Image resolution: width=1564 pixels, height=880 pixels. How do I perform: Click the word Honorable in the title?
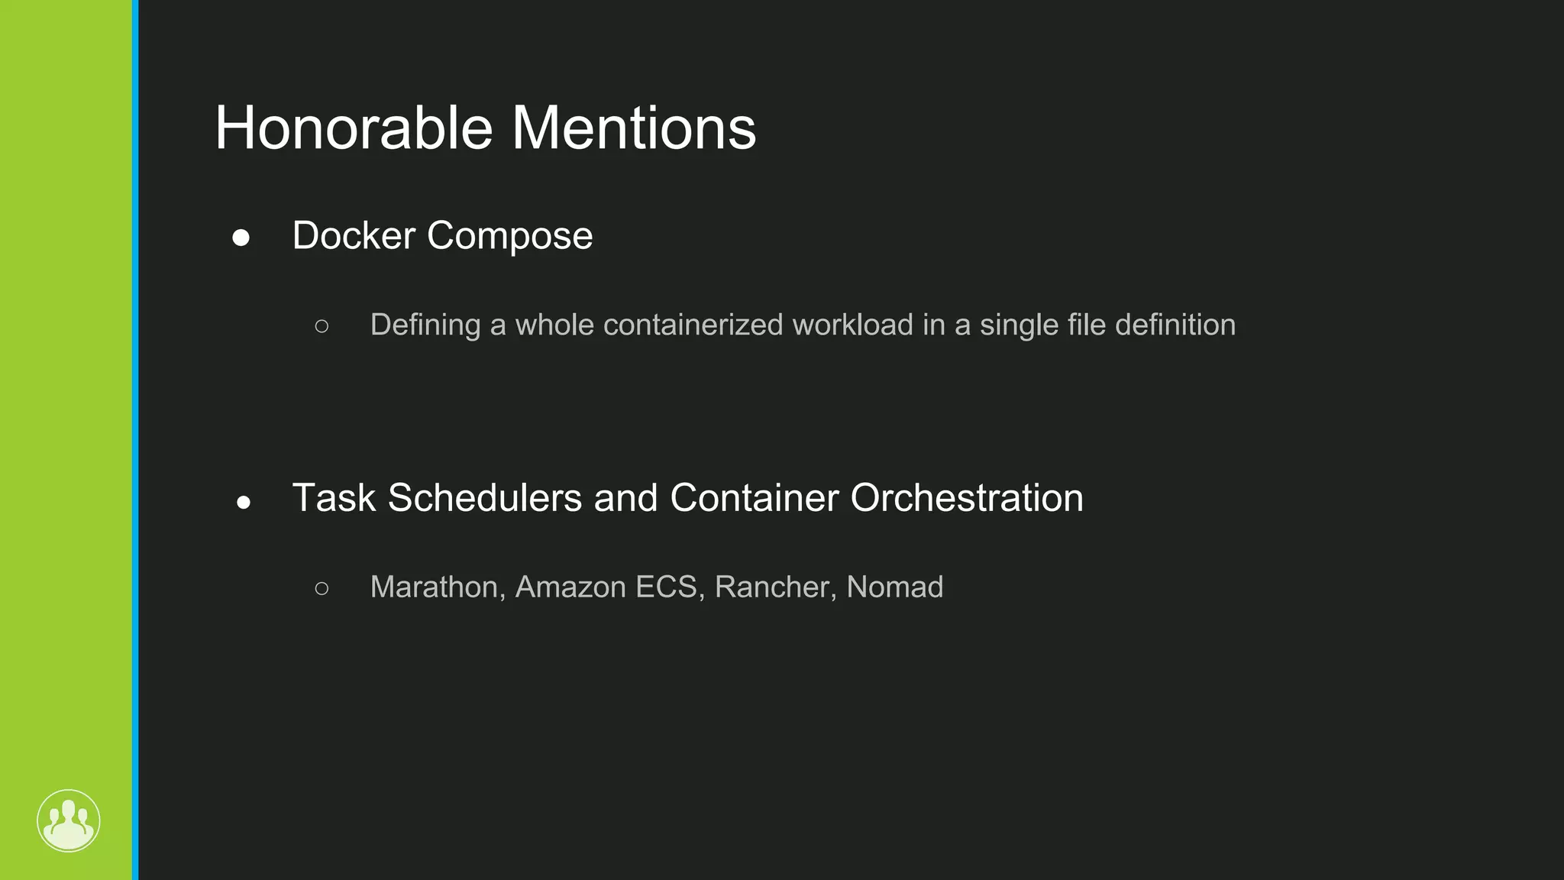coord(354,128)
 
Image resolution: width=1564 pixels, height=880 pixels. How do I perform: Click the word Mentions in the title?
coord(633,128)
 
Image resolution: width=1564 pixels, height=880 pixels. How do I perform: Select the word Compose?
coord(509,237)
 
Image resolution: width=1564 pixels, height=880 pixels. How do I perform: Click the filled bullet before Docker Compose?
coord(241,238)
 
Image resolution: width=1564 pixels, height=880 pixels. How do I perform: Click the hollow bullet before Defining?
coord(322,326)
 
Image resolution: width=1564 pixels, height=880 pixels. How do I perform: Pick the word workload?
coord(852,325)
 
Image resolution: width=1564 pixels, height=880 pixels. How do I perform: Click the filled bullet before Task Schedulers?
coord(244,502)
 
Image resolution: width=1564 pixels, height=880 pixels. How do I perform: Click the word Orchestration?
coord(966,498)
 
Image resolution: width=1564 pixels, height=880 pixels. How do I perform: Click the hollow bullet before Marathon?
coord(322,588)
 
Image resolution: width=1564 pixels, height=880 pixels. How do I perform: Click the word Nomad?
coord(894,587)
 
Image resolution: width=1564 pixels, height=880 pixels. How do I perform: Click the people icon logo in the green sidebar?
coord(69,821)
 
